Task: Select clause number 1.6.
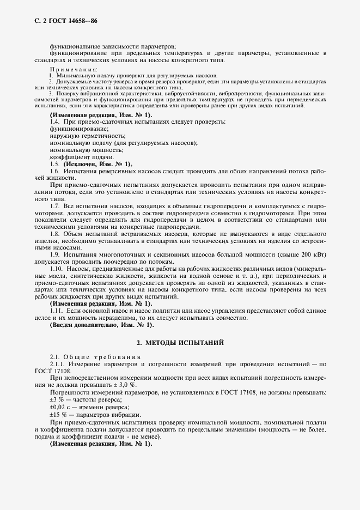[x=55, y=171]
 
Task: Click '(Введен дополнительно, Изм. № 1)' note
[x=94, y=325]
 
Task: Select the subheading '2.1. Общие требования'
[x=95, y=356]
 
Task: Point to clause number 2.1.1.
[x=58, y=363]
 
